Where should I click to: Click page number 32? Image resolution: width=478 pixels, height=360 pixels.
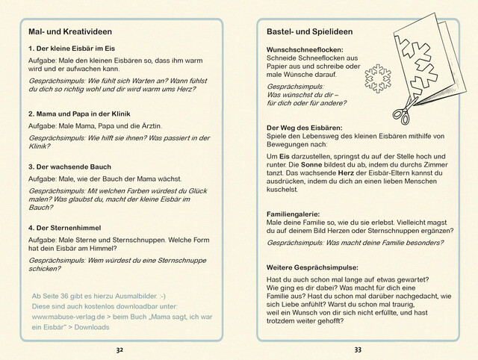(x=119, y=349)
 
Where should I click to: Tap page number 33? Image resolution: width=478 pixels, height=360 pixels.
(x=358, y=349)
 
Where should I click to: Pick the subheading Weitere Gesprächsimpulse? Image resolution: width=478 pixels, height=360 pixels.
(x=312, y=267)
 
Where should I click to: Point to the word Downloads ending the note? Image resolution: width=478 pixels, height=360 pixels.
(x=91, y=327)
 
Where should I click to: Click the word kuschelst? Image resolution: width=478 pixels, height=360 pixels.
(x=282, y=190)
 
